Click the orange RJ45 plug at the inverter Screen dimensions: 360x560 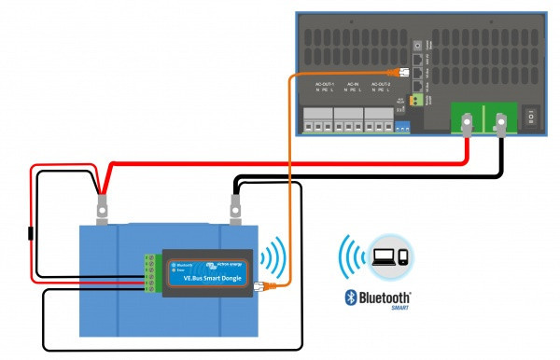tap(403, 72)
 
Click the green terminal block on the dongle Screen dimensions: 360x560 tap(149, 271)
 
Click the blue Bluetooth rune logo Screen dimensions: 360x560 tap(340, 299)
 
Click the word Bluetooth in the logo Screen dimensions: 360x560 tap(379, 298)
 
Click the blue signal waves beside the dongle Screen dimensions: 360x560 tap(273, 256)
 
